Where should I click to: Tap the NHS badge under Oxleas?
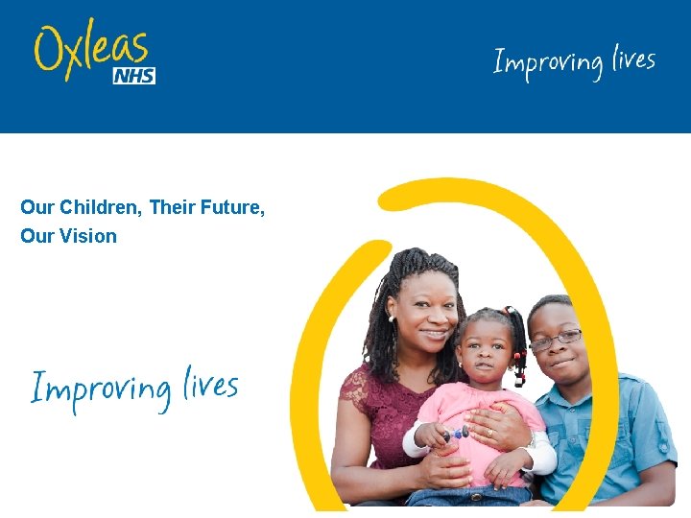[133, 76]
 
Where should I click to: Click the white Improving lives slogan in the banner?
[574, 63]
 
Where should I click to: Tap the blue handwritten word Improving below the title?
[100, 388]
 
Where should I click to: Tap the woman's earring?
[392, 318]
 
